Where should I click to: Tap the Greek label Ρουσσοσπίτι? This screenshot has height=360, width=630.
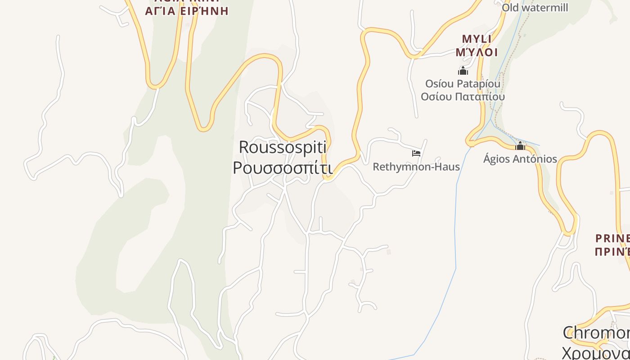coord(283,168)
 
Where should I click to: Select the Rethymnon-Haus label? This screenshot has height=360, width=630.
coord(416,167)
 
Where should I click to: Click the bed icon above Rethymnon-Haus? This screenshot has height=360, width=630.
coord(416,153)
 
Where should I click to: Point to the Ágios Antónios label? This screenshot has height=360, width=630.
coord(520,159)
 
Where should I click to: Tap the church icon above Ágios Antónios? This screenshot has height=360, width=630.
coord(521,146)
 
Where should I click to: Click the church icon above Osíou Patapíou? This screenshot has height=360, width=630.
coord(463,71)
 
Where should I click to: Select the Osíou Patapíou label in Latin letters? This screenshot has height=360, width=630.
coord(463,84)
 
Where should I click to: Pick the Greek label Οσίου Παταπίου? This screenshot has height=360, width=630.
coord(463,97)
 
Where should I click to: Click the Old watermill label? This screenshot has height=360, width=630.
coord(535,8)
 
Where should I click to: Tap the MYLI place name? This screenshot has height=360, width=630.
coord(477,39)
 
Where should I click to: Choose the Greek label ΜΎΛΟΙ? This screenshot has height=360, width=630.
coord(477,52)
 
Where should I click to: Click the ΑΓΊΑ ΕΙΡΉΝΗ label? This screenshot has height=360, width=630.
coord(187,11)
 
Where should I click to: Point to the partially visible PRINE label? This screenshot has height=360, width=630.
coord(612,238)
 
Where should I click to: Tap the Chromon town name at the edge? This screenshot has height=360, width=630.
coord(596,333)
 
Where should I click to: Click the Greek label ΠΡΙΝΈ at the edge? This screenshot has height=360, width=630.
coord(612,252)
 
